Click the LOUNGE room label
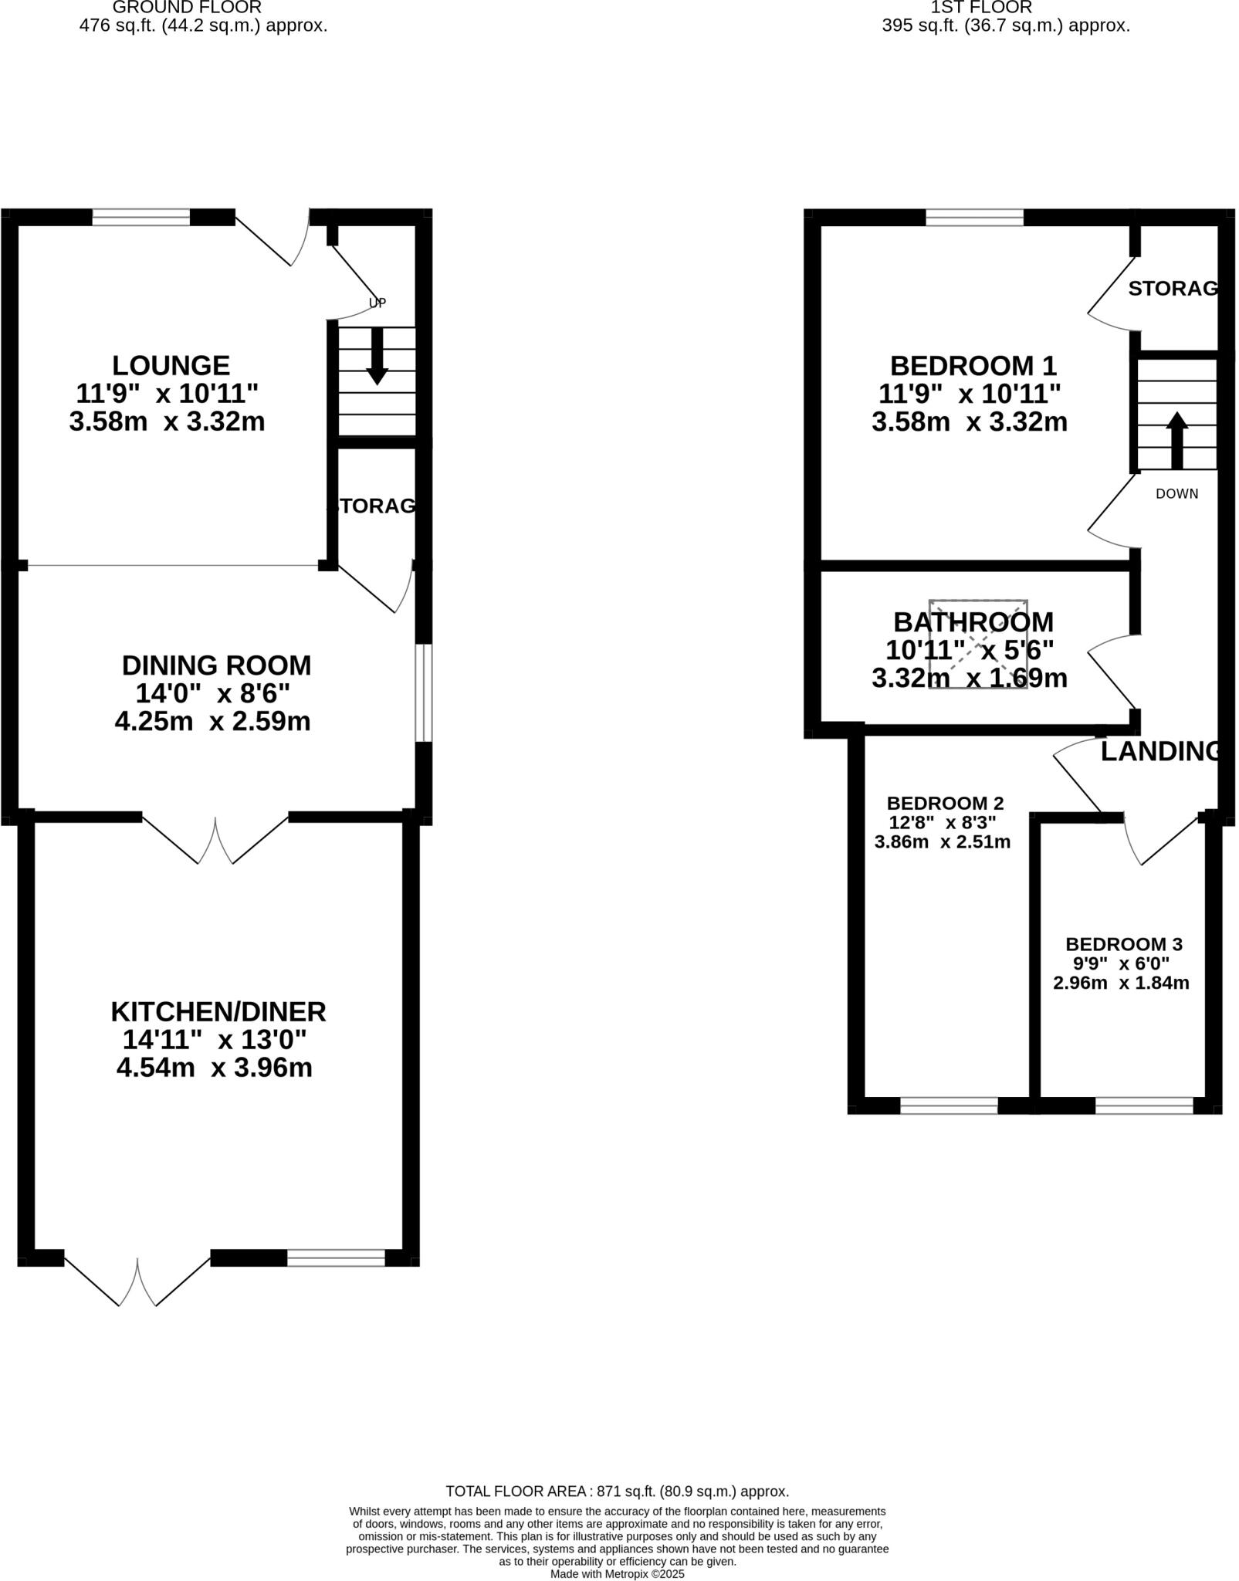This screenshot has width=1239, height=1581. (x=171, y=365)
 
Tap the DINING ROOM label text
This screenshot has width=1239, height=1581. (x=216, y=665)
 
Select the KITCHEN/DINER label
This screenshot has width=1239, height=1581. (x=218, y=1011)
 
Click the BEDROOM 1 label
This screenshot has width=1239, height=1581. (x=973, y=365)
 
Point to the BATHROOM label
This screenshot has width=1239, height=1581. (x=973, y=621)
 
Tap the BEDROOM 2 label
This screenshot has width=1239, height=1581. (x=945, y=803)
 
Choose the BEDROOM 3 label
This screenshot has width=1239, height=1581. (x=1123, y=944)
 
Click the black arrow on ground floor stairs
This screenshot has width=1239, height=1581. (x=377, y=357)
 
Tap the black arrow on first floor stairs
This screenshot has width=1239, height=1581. (x=1176, y=441)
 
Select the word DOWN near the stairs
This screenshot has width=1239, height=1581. (x=1176, y=494)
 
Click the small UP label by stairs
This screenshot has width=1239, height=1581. (x=377, y=303)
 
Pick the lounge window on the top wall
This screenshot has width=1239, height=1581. (x=140, y=218)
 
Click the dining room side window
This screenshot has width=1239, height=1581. (x=423, y=693)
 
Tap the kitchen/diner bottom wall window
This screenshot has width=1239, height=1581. (x=336, y=1258)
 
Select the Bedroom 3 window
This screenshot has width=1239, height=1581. (x=1144, y=1106)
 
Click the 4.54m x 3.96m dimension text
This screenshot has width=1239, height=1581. (x=214, y=1068)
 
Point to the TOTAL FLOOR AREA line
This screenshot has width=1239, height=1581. (x=617, y=1491)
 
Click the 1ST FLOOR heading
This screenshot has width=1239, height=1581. (x=980, y=8)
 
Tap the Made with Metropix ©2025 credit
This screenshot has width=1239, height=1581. (x=617, y=1573)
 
